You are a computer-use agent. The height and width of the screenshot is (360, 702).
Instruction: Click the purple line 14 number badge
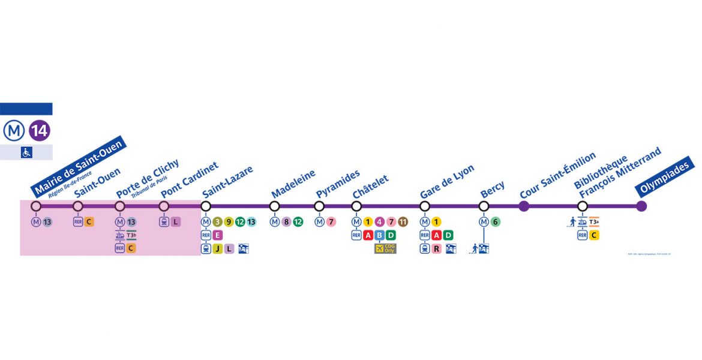(40, 130)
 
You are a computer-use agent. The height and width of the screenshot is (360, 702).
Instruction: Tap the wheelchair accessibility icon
(26, 152)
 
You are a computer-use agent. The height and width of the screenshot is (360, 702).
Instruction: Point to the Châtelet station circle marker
(356, 206)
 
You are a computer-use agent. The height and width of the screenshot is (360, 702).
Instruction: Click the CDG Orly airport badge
(385, 248)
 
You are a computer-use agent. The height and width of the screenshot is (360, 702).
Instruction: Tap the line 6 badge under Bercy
(495, 222)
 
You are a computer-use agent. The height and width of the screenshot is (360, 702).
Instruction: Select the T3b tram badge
(131, 235)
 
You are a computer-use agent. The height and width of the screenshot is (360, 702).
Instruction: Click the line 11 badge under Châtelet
(403, 222)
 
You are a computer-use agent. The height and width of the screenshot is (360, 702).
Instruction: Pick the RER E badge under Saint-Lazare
(217, 235)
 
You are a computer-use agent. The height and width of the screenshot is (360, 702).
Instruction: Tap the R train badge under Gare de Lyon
(436, 248)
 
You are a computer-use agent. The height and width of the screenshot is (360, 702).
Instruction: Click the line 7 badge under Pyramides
(331, 222)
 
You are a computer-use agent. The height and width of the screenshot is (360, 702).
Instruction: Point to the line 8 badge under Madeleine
(286, 222)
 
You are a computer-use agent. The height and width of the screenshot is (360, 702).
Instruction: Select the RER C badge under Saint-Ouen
(89, 222)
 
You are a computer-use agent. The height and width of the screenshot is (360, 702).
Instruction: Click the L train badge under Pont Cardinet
(175, 222)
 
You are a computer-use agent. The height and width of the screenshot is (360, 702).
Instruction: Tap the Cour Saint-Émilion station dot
(524, 206)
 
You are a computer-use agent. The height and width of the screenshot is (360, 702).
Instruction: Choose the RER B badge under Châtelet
(379, 235)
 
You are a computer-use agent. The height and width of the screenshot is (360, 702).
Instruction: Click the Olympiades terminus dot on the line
(641, 206)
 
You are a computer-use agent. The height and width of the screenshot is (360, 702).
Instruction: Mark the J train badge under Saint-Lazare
(217, 248)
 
